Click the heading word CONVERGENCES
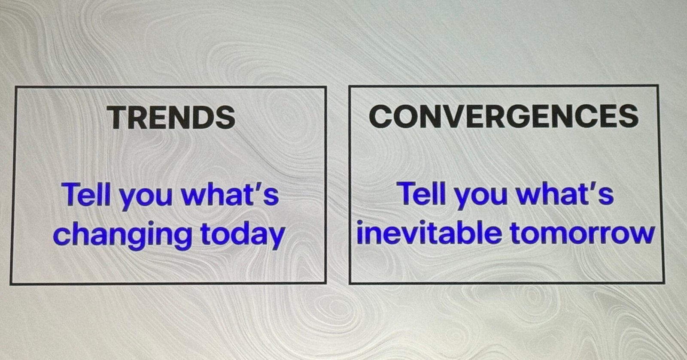pos(504,116)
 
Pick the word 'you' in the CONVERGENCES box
pos(480,197)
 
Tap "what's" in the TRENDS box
pos(230,194)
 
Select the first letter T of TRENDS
pos(119,118)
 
